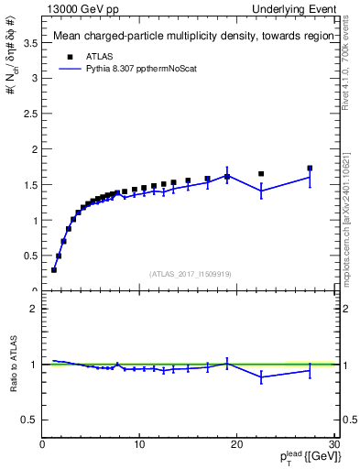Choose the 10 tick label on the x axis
point(139,445)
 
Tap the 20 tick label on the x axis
point(237,445)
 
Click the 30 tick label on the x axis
point(334,445)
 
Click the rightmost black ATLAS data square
point(310,169)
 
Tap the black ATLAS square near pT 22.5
point(261,174)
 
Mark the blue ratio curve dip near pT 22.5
point(261,376)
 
